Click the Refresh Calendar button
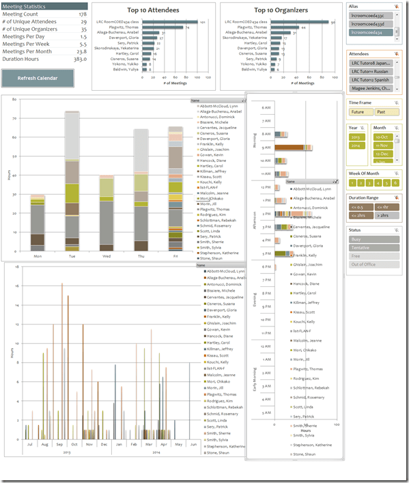click(x=38, y=78)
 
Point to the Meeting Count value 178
click(x=82, y=14)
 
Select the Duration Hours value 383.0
click(x=80, y=59)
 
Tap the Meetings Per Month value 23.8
click(x=81, y=51)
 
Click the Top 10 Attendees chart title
click(x=153, y=10)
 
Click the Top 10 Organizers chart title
click(x=280, y=10)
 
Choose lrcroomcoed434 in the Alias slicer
click(x=368, y=32)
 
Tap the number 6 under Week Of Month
click(x=395, y=182)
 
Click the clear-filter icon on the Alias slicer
click(x=396, y=5)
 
